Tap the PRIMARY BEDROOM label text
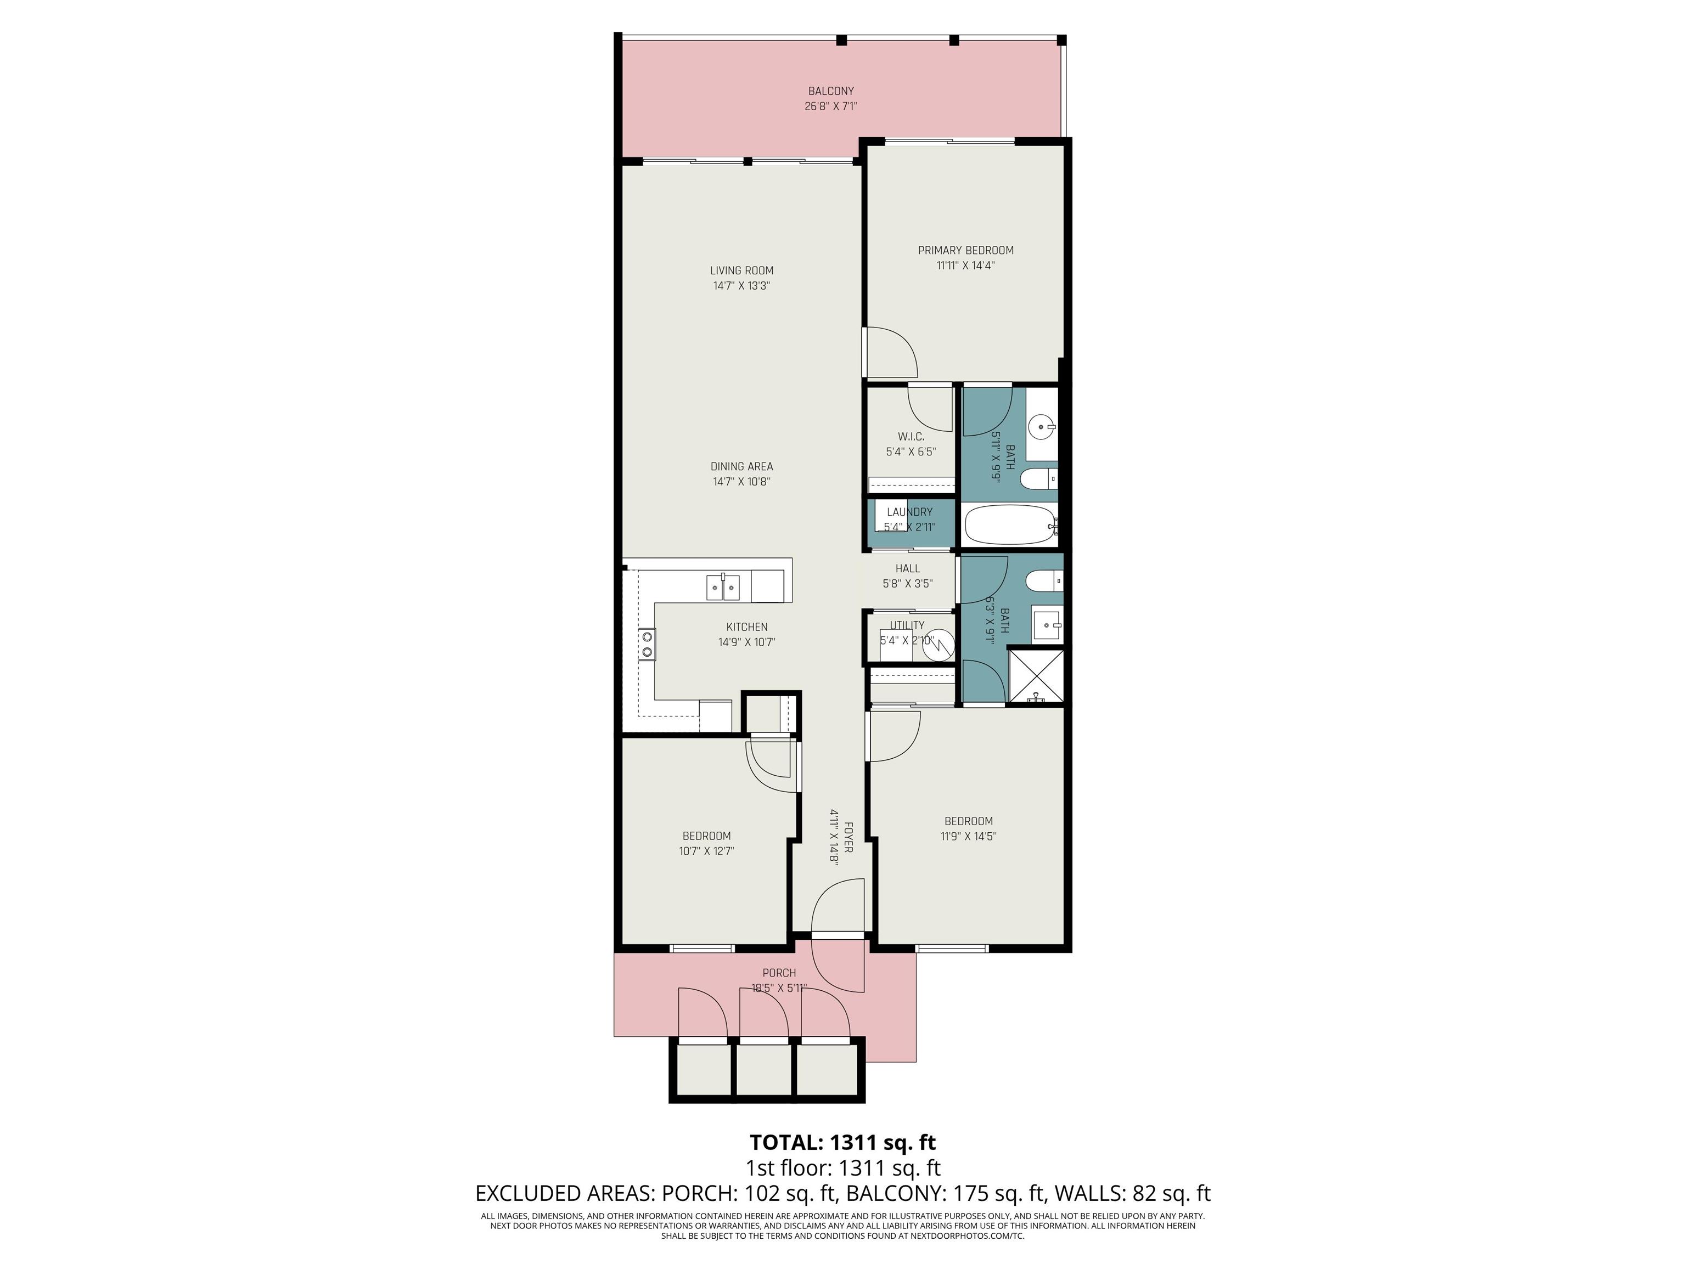tap(966, 251)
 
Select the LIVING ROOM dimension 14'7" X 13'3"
tap(741, 286)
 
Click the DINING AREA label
tap(741, 466)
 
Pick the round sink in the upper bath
tap(1041, 428)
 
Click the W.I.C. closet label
tap(911, 437)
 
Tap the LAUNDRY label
tap(909, 512)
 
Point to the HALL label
tap(908, 568)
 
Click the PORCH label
tap(779, 973)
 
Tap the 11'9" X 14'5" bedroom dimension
tap(969, 837)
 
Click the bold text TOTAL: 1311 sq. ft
tap(843, 1143)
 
